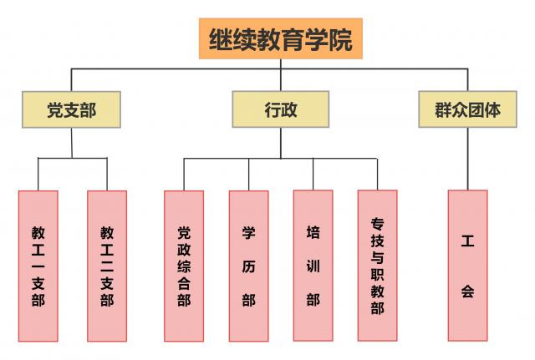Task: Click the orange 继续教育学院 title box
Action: coord(281,38)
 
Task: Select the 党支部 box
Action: coord(71,109)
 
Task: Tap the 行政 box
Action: coord(281,109)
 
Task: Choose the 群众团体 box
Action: coord(467,109)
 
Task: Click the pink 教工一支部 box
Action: coord(38,266)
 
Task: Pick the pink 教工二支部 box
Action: coord(107,266)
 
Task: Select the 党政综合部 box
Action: coord(184,266)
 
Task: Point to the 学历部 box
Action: coord(249,266)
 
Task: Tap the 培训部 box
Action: coord(313,266)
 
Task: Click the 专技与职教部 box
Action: coord(377,266)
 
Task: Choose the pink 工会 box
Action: coord(467,266)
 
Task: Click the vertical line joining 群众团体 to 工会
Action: coord(467,159)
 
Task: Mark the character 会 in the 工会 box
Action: coord(467,292)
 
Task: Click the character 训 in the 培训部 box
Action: coord(313,266)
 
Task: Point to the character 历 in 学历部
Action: coord(249,266)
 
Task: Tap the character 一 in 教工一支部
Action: coord(38,266)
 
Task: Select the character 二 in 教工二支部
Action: coord(107,266)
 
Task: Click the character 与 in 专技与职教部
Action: coord(377,257)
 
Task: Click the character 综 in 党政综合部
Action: coord(184,266)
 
